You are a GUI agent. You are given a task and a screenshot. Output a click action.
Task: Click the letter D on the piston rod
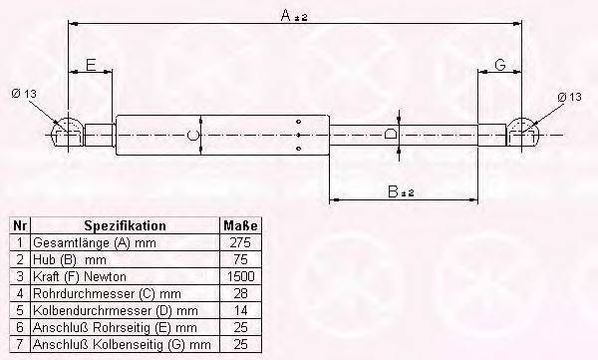(392, 134)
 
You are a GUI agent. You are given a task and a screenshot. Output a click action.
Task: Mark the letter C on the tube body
(191, 134)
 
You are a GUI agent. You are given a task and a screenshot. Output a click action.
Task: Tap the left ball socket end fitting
(67, 133)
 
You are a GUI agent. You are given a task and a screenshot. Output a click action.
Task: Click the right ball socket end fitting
(524, 133)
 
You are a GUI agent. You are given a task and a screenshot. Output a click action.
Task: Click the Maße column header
(238, 226)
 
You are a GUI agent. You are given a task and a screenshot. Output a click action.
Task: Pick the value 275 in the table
(238, 242)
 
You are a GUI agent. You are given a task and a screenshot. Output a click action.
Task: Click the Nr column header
(18, 226)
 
